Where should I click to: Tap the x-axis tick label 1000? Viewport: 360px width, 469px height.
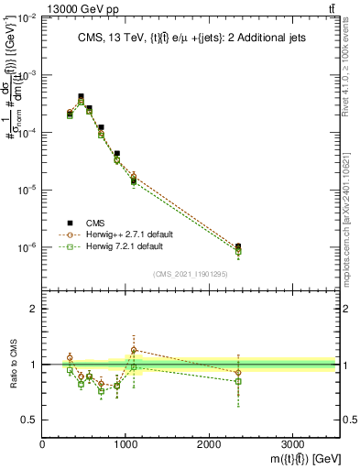point(125,443)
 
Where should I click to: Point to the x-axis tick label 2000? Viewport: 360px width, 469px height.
point(209,443)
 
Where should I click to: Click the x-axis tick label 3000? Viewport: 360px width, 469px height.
point(292,443)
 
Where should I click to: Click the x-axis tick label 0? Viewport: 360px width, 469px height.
point(42,443)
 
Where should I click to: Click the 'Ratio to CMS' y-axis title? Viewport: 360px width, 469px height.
point(12,365)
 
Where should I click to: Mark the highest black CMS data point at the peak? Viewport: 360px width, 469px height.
point(81,96)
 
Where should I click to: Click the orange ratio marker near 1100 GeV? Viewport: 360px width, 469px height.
point(134,350)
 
